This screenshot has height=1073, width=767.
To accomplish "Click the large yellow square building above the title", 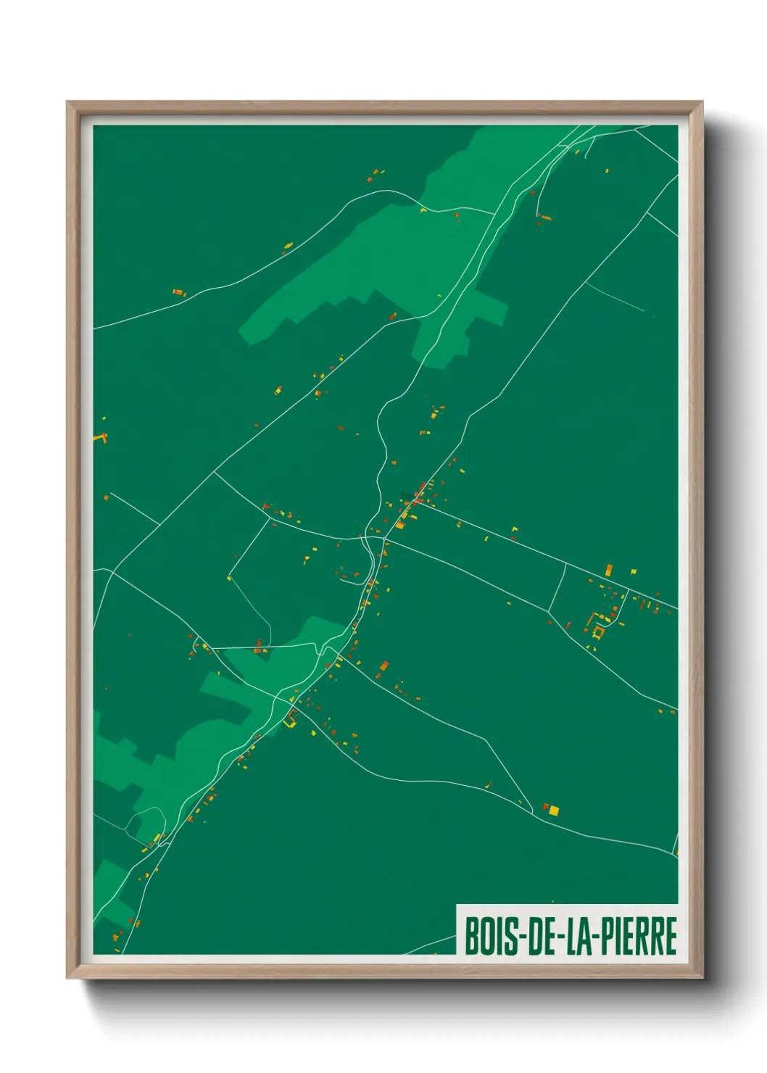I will point(554,810).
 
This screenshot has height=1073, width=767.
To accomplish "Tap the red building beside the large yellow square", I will point(546,806).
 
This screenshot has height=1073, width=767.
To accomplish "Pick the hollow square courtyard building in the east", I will point(598,632).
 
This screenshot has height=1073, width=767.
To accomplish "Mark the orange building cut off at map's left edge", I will point(99,438).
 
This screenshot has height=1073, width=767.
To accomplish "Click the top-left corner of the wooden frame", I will point(67,102).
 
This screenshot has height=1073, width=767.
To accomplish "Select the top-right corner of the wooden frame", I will point(702,102).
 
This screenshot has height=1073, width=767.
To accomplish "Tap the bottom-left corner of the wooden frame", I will point(67,978).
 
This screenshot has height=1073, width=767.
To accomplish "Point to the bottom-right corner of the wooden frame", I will point(702,978).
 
